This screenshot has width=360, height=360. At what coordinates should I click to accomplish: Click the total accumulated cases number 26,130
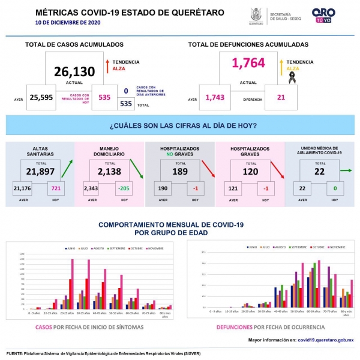pyautogui.click(x=74, y=72)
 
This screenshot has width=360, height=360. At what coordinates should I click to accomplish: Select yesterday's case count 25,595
pyautogui.click(x=41, y=97)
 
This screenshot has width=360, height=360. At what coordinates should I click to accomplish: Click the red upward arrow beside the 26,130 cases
pyautogui.click(x=106, y=65)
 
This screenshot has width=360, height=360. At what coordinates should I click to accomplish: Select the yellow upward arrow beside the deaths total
pyautogui.click(x=281, y=65)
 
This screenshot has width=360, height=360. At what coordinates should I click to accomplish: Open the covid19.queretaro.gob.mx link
pyautogui.click(x=326, y=340)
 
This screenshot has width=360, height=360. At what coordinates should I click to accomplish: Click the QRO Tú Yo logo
pyautogui.click(x=324, y=15)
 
